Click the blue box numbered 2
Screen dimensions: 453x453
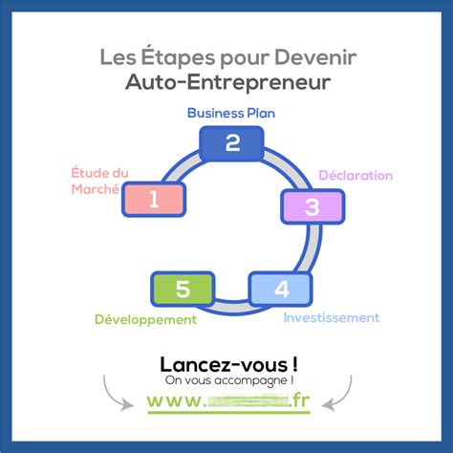point(232,143)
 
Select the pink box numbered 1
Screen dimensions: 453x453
point(154,199)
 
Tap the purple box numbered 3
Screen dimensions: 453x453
point(312,205)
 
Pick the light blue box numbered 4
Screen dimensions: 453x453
point(281,289)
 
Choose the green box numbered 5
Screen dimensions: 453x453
point(183,289)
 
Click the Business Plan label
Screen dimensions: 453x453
point(232,112)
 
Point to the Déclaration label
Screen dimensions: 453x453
point(356,175)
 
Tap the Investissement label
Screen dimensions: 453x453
point(332,317)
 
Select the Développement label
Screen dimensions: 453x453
point(145,319)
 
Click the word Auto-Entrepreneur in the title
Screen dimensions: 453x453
point(227,83)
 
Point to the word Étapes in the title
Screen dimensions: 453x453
point(176,58)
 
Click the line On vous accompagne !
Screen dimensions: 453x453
point(227,381)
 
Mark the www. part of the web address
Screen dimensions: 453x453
point(176,401)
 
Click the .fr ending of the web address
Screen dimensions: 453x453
point(299,401)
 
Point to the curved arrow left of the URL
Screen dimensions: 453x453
point(116,391)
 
